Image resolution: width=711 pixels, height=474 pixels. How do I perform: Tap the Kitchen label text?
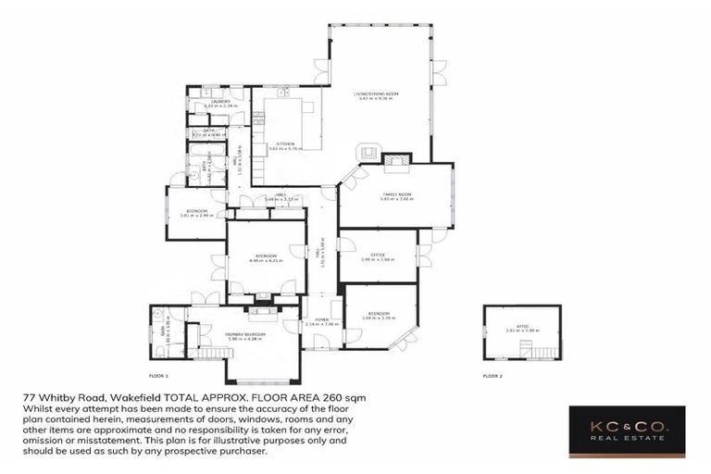click(285, 143)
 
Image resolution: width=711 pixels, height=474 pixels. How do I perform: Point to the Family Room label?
click(396, 193)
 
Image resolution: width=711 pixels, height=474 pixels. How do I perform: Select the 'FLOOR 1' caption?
click(158, 376)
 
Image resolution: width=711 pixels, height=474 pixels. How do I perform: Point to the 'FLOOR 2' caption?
click(493, 376)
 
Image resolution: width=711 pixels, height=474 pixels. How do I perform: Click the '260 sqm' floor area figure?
click(345, 397)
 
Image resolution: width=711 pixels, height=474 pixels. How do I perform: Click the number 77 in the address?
click(29, 397)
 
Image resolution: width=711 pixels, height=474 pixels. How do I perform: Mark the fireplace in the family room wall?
click(398, 160)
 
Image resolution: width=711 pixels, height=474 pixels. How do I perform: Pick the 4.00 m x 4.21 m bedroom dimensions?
click(266, 261)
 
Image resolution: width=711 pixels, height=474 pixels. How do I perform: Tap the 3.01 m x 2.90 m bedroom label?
click(196, 214)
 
